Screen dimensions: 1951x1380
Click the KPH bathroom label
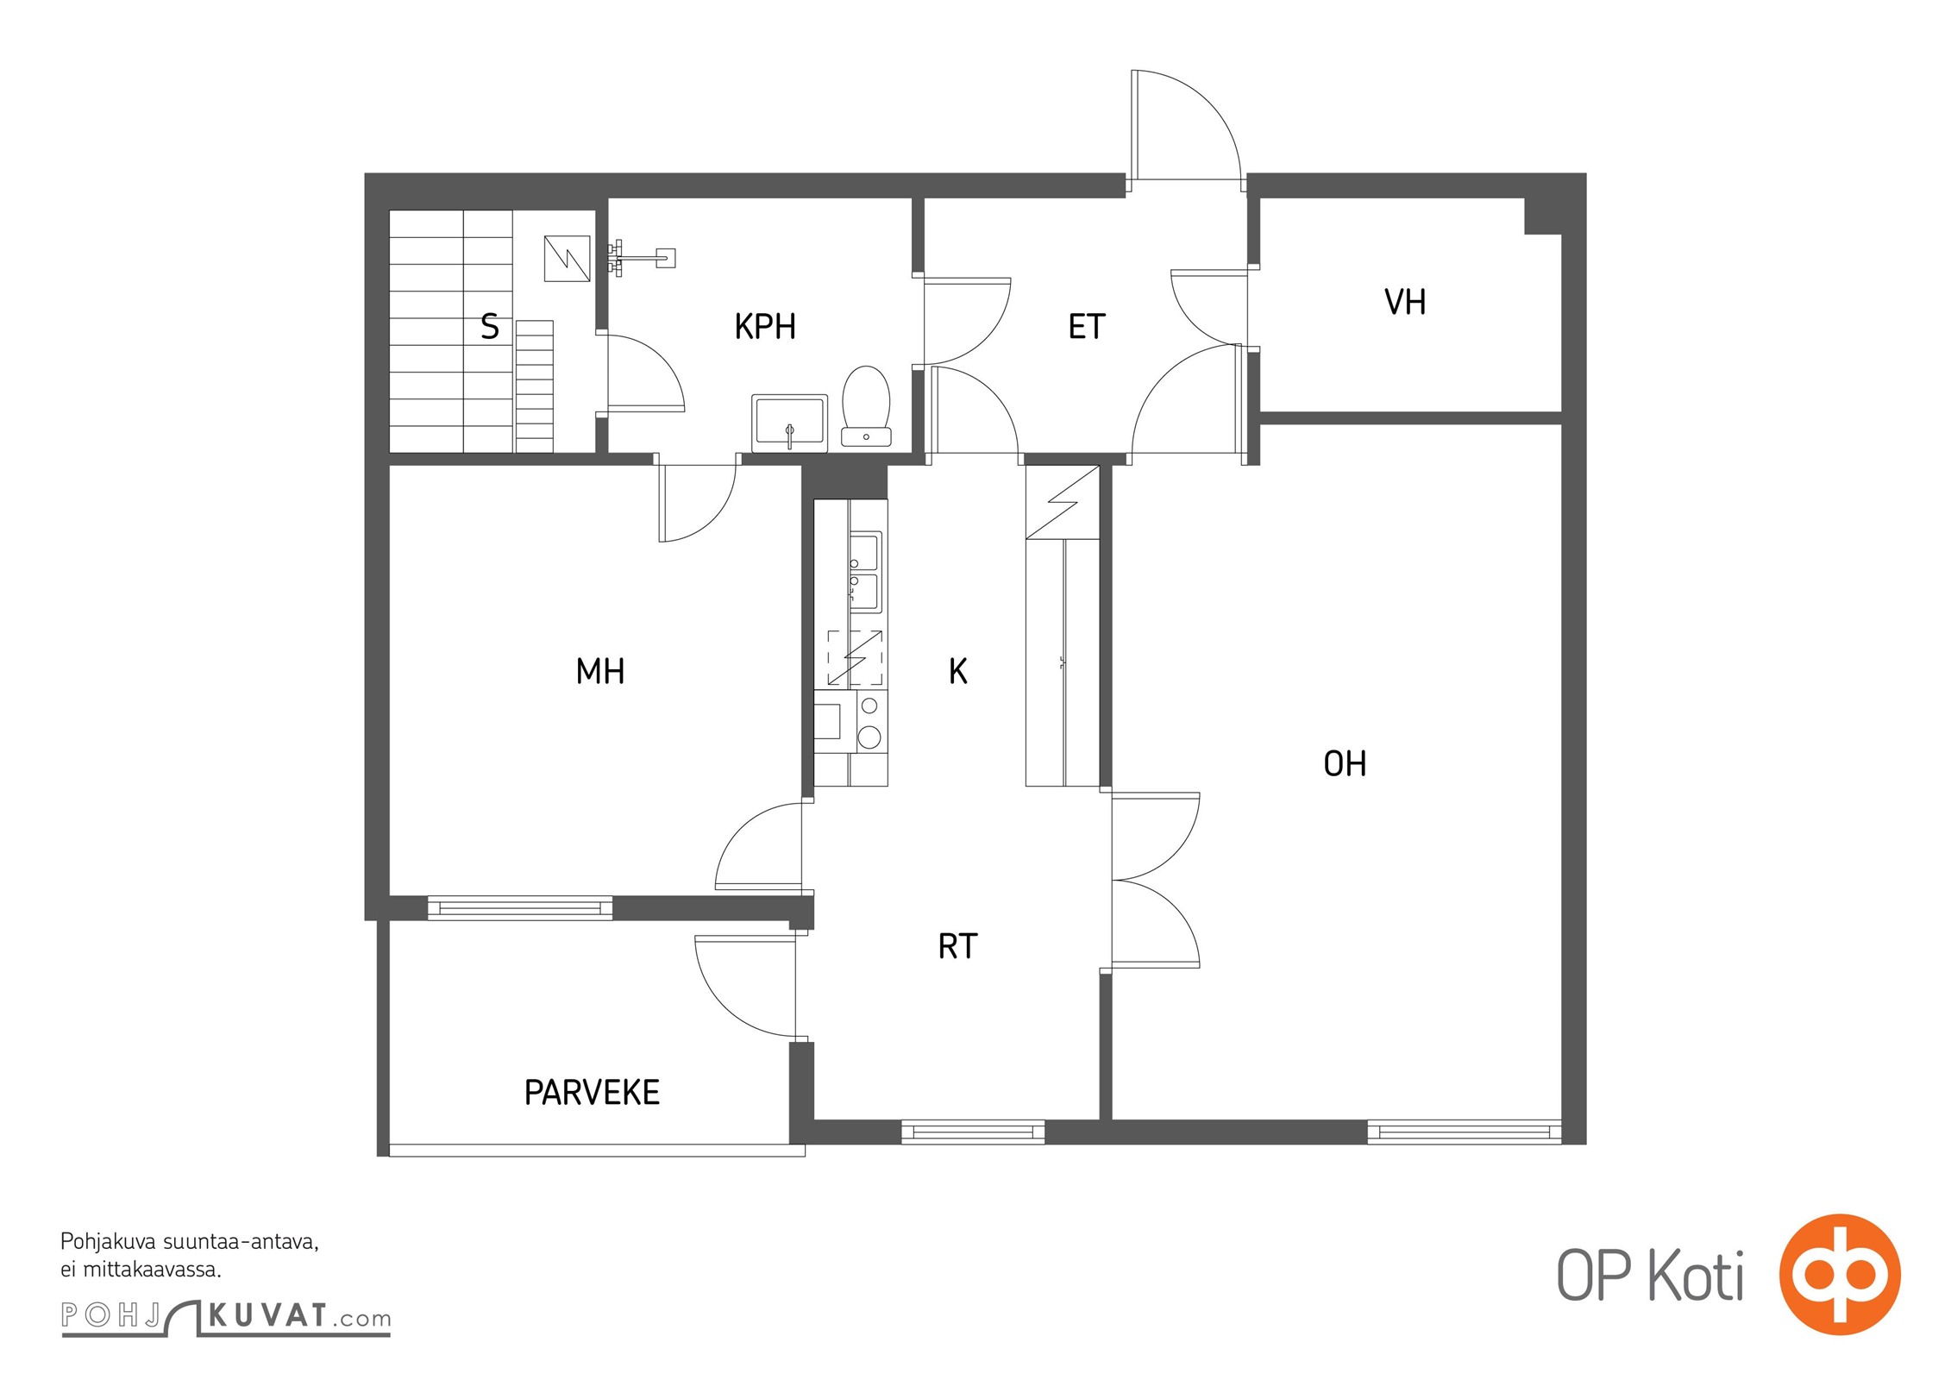coord(765,327)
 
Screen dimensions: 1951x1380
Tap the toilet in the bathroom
coord(866,406)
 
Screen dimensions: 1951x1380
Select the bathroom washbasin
coord(789,423)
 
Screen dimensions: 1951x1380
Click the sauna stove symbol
coord(568,259)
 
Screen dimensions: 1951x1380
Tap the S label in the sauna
coord(490,327)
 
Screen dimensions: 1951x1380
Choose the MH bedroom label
coord(600,671)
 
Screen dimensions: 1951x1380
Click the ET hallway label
coord(1087,327)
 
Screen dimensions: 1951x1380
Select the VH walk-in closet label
coord(1405,302)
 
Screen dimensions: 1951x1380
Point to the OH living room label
coord(1346,763)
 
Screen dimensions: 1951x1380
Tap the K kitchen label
coord(957,671)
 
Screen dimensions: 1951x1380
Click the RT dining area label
coord(957,946)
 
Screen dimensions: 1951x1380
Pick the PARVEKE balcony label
coord(592,1093)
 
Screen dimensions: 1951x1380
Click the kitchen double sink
coord(866,572)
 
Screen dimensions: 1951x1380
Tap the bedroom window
coord(520,908)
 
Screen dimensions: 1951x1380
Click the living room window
coord(1465,1132)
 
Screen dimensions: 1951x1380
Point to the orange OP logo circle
coord(1840,1274)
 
